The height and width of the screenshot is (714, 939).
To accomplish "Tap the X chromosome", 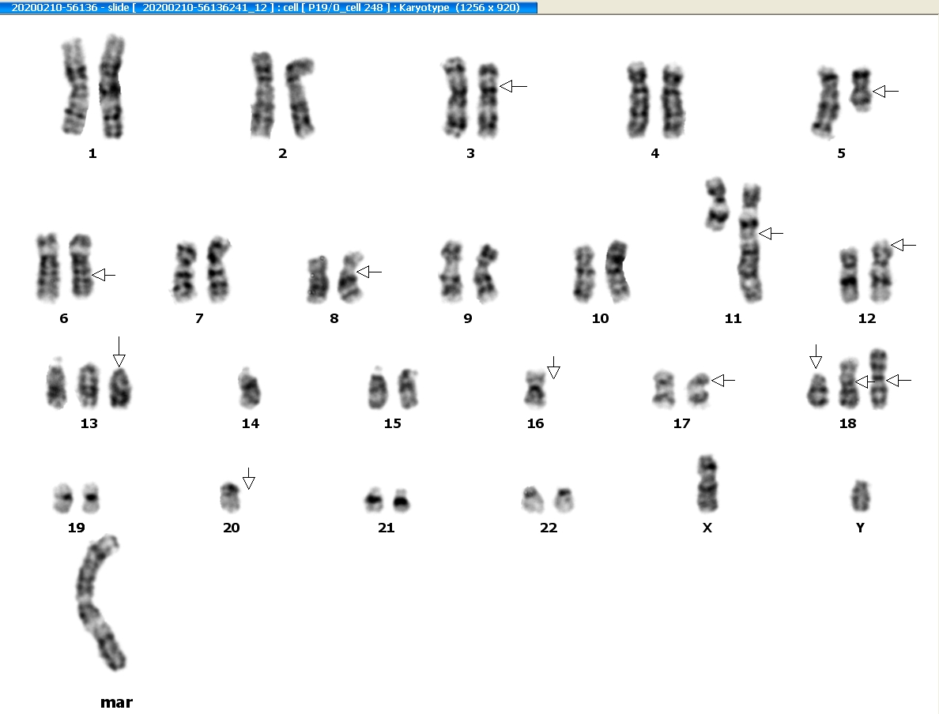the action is (x=707, y=484).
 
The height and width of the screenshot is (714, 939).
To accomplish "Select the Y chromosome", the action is (x=861, y=496).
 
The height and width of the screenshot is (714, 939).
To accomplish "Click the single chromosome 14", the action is (x=249, y=388).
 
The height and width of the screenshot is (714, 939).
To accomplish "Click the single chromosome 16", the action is (x=535, y=389).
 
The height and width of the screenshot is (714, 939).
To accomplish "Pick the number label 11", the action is (x=733, y=318).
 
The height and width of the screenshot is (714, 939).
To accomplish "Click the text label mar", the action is (x=116, y=702).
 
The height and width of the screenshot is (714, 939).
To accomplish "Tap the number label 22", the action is (x=548, y=528).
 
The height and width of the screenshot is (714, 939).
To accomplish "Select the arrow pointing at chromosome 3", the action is (x=513, y=86).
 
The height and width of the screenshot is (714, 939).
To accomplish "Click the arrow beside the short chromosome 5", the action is (x=886, y=92).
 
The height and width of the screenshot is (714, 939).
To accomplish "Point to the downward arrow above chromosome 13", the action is (x=119, y=351).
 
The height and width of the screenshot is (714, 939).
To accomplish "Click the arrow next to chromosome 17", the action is (x=722, y=380).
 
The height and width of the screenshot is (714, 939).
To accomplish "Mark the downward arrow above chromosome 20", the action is (x=248, y=479).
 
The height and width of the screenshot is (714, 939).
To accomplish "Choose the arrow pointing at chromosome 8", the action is (x=369, y=272).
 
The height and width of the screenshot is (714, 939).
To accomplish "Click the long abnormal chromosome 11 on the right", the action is (x=749, y=243).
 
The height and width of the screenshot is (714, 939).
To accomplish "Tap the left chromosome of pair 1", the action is (x=75, y=86).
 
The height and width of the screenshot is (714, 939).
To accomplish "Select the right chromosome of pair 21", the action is (x=401, y=500).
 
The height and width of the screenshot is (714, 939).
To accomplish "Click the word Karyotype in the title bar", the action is (x=424, y=8).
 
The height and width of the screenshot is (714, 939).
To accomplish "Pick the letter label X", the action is (x=707, y=528).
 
